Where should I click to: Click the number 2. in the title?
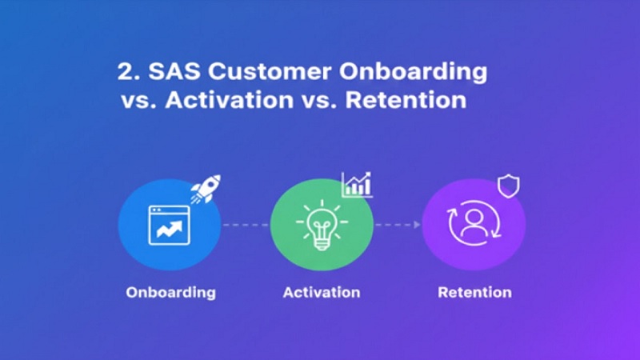(128, 71)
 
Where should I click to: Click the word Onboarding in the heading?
(418, 71)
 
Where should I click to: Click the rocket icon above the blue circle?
(205, 189)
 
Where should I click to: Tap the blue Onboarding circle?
(169, 226)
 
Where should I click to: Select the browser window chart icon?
(169, 226)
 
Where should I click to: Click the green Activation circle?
(321, 226)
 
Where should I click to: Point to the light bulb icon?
(321, 224)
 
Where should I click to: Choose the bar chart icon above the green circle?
(357, 185)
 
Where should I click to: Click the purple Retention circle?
(473, 226)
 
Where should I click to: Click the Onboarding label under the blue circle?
(170, 292)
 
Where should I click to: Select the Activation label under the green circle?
(322, 292)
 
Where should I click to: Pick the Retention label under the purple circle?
(474, 292)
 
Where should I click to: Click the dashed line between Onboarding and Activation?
(245, 226)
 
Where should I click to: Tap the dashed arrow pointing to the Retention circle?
(398, 226)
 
